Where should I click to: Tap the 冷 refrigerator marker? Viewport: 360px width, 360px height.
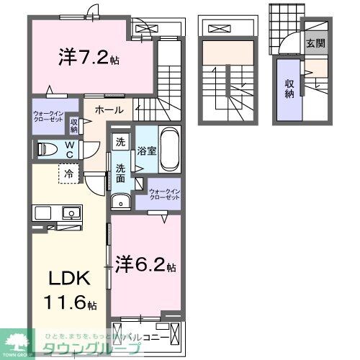point(66,174)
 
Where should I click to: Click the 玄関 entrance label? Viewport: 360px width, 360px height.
point(314,43)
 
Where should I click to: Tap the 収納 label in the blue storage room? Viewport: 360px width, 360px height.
point(289,88)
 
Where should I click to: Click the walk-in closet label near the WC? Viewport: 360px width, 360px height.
point(49,119)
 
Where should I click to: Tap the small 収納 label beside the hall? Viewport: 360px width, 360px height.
point(74,125)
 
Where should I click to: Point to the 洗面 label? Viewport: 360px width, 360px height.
point(120,173)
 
